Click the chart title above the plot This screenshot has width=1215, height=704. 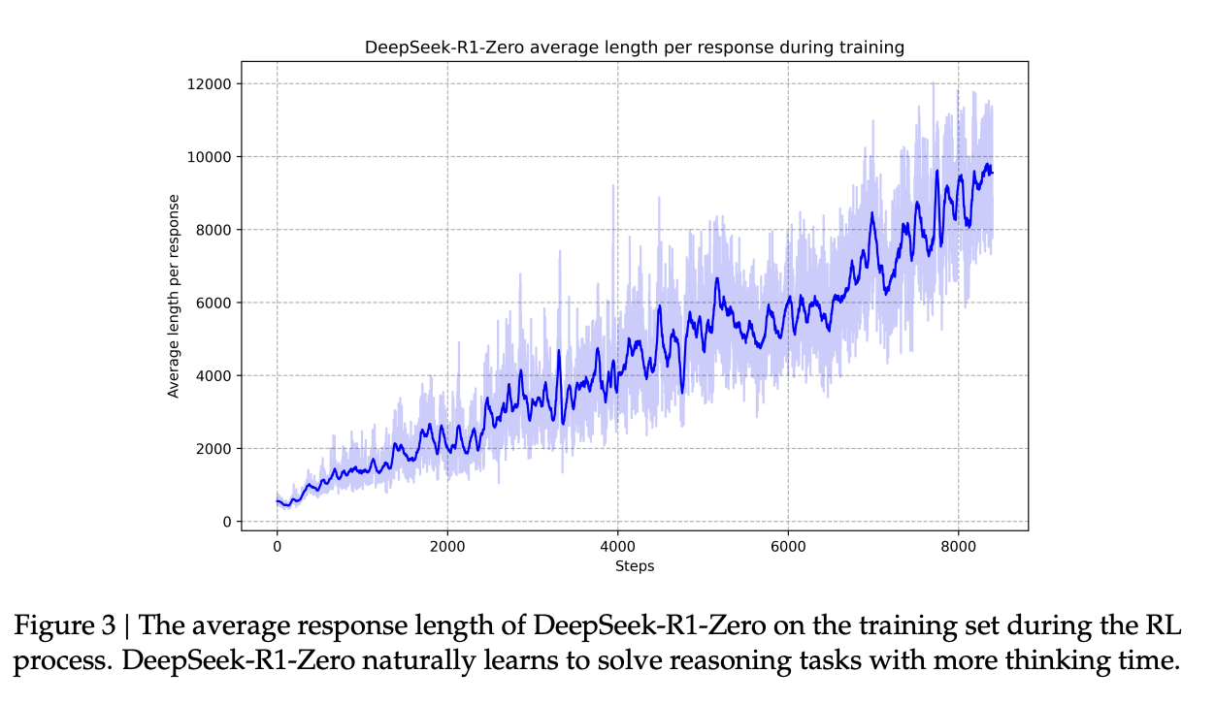tap(634, 47)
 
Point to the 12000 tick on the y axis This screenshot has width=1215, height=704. tap(211, 83)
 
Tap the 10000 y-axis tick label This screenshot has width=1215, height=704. tap(211, 157)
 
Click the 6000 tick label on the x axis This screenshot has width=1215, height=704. tap(788, 547)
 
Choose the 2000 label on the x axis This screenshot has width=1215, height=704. tap(447, 547)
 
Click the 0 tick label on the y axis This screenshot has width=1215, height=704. tap(226, 522)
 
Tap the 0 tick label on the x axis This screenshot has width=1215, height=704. tap(278, 547)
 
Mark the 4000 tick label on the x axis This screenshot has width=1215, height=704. tap(617, 547)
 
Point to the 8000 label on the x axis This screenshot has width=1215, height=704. tap(958, 547)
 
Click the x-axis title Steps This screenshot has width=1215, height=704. tap(634, 566)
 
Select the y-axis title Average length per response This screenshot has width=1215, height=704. tap(175, 296)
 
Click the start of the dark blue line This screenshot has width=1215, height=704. tap(278, 501)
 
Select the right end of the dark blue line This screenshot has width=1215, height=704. tap(993, 173)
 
